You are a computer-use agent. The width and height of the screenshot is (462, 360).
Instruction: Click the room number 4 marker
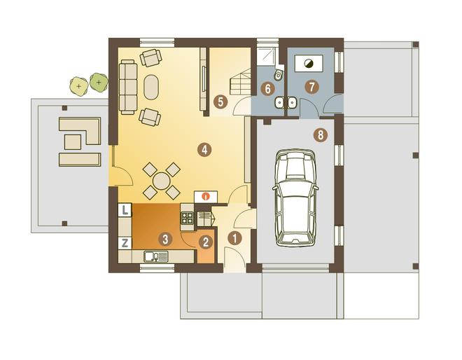coord(204,149)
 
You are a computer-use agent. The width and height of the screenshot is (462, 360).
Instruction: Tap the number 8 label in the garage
coord(321,135)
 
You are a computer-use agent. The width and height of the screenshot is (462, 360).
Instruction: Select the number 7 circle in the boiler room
coord(311,87)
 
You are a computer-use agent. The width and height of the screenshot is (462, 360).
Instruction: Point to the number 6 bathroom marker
coord(268,88)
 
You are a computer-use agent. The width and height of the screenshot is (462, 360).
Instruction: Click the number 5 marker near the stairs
coord(220,102)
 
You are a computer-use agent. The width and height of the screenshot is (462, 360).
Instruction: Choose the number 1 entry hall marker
coord(234,238)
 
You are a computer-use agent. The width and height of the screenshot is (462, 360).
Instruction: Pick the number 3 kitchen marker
coord(165,239)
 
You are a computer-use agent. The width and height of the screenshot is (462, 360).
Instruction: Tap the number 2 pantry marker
coord(205,242)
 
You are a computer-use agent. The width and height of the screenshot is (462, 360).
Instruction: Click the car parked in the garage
coord(295,198)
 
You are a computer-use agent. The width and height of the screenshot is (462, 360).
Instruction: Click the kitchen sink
coord(156,256)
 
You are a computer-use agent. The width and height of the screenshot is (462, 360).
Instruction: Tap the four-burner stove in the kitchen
coord(187,218)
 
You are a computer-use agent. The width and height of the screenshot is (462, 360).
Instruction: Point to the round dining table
coord(162,181)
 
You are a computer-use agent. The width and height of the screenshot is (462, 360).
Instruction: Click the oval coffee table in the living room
coord(151,88)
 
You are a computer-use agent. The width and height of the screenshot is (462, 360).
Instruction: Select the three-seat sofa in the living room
coord(128,87)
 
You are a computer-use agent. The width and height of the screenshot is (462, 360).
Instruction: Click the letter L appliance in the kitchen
coord(125,210)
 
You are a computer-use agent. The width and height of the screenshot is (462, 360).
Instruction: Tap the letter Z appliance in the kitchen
coord(125,243)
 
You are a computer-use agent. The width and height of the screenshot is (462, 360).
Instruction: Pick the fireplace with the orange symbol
coord(206,196)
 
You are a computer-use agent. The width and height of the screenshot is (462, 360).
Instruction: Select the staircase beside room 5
coord(240,82)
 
